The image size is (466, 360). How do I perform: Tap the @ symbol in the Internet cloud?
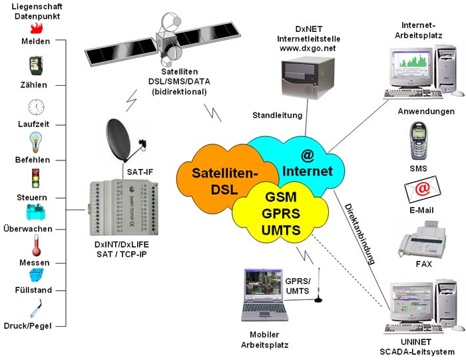pos(307,156)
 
